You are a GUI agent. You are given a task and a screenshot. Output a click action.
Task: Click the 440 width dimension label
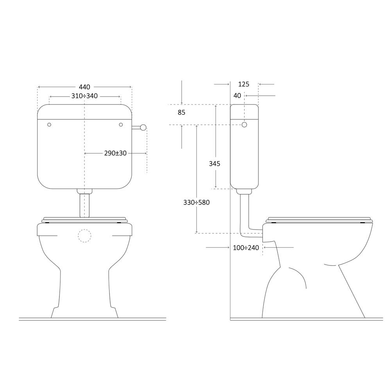(84, 87)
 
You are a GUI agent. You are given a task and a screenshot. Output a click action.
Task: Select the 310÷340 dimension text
(84, 96)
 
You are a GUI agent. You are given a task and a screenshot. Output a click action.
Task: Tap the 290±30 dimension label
(115, 153)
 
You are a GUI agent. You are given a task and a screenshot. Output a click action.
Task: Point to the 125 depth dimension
(244, 84)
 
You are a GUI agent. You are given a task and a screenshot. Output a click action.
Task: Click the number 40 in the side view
(237, 95)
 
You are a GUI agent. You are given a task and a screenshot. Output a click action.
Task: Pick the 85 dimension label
(181, 113)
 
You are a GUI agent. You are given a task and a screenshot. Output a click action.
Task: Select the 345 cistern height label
(214, 163)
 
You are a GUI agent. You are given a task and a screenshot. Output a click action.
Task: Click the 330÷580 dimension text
(197, 202)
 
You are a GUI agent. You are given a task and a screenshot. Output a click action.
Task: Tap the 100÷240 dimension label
(246, 248)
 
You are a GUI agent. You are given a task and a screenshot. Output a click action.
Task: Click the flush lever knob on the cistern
(143, 127)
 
